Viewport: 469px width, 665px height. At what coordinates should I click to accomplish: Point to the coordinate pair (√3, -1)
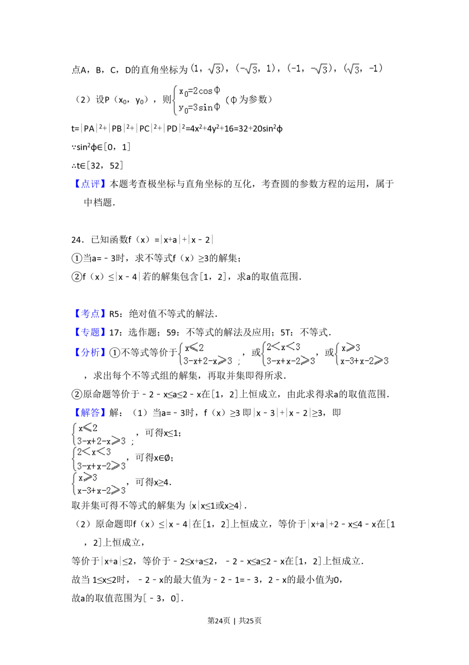click(363, 69)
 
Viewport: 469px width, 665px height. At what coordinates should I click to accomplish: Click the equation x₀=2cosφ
click(199, 91)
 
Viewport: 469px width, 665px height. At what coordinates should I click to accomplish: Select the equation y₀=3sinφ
click(199, 108)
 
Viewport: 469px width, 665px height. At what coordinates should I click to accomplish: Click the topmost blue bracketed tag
click(90, 183)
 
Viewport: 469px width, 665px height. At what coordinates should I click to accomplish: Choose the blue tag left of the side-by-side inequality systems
click(90, 352)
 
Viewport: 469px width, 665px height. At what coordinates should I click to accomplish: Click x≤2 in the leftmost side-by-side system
click(194, 348)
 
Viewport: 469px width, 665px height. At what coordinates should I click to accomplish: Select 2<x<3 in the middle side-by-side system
click(283, 347)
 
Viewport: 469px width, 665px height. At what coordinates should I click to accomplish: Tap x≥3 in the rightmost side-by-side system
click(351, 348)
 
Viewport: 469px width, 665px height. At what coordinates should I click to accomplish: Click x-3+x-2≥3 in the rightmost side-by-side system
click(364, 361)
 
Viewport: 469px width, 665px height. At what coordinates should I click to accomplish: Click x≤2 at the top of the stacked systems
click(88, 428)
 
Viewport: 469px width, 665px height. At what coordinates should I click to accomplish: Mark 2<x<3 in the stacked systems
click(94, 452)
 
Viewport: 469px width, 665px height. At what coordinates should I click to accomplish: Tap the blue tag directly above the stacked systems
click(90, 412)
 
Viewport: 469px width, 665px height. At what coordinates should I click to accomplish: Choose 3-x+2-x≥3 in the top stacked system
click(101, 441)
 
